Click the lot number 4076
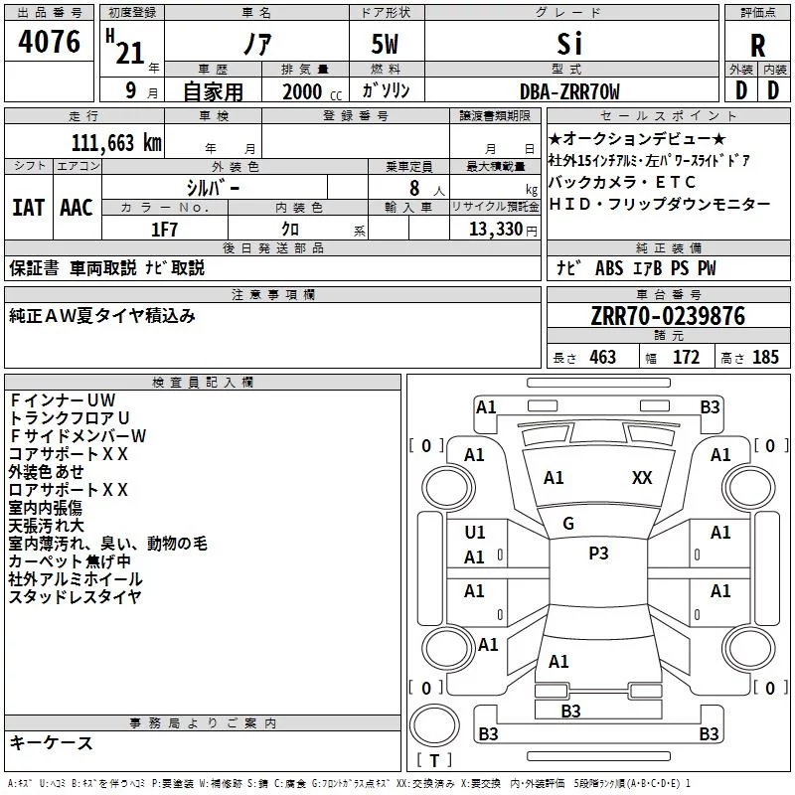(49, 42)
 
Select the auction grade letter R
(757, 46)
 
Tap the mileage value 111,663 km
(116, 143)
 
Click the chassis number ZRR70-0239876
(668, 316)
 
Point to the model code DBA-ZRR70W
(569, 91)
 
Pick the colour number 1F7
(164, 230)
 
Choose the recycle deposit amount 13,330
(496, 230)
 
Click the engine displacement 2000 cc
(312, 91)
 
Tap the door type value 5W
(385, 44)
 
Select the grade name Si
(569, 44)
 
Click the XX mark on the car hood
(642, 478)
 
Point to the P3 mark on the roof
(598, 554)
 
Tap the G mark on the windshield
(568, 524)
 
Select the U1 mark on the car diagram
(475, 533)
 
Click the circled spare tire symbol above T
(434, 725)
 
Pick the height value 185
(765, 357)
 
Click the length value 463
(603, 357)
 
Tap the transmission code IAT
(28, 208)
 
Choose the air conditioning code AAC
(77, 208)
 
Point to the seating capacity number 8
(414, 188)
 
